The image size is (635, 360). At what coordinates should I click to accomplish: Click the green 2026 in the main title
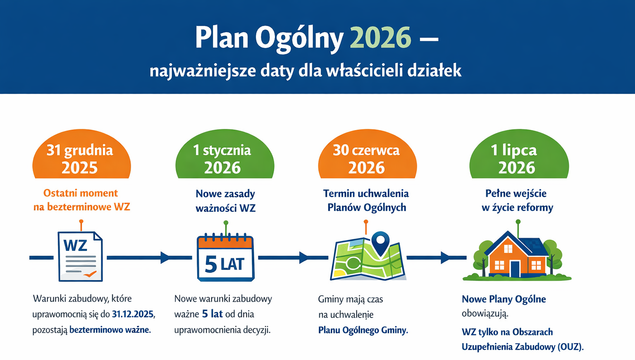point(380,38)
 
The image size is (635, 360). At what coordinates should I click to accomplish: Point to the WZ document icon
point(80,257)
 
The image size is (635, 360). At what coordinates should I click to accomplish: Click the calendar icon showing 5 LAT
point(225,257)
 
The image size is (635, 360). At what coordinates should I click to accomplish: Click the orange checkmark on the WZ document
point(90,274)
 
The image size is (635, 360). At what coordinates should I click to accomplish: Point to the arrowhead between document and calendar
point(165,257)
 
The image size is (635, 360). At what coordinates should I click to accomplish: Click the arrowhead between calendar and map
point(304,257)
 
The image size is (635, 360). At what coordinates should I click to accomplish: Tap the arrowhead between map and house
point(445,257)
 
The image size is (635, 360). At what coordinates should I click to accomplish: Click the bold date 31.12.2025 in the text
point(133,314)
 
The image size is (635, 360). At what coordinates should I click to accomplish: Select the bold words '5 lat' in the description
point(212,314)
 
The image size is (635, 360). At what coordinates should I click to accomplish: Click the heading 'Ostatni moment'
point(81,193)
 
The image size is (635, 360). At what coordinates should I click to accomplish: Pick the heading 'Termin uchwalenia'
point(366,193)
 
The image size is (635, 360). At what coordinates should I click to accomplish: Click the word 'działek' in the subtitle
point(434,71)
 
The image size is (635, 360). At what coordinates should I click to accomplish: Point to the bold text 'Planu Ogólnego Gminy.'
point(363,330)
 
